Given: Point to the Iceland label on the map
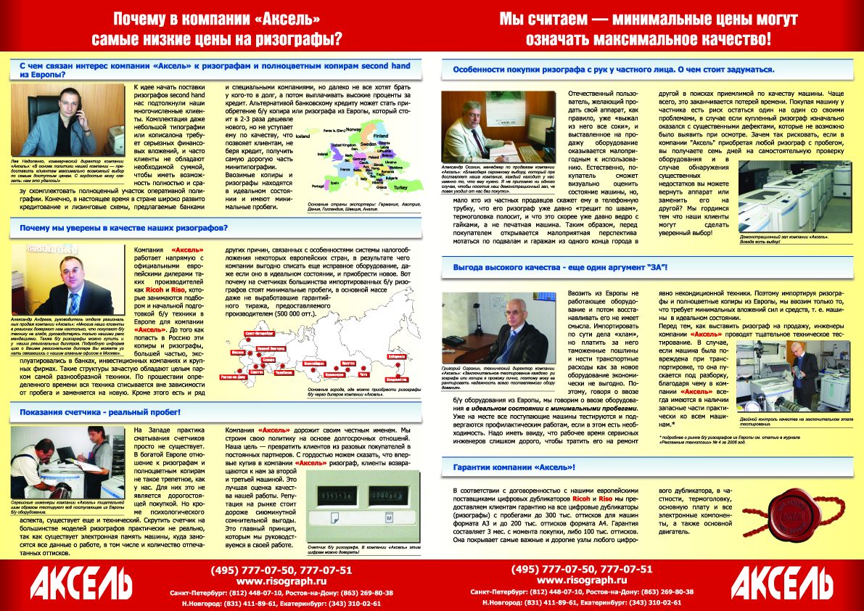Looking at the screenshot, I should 303,136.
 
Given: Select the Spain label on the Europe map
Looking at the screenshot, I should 314,184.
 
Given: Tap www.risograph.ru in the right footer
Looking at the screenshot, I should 582,581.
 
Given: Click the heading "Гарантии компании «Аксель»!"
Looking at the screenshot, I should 514,467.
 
